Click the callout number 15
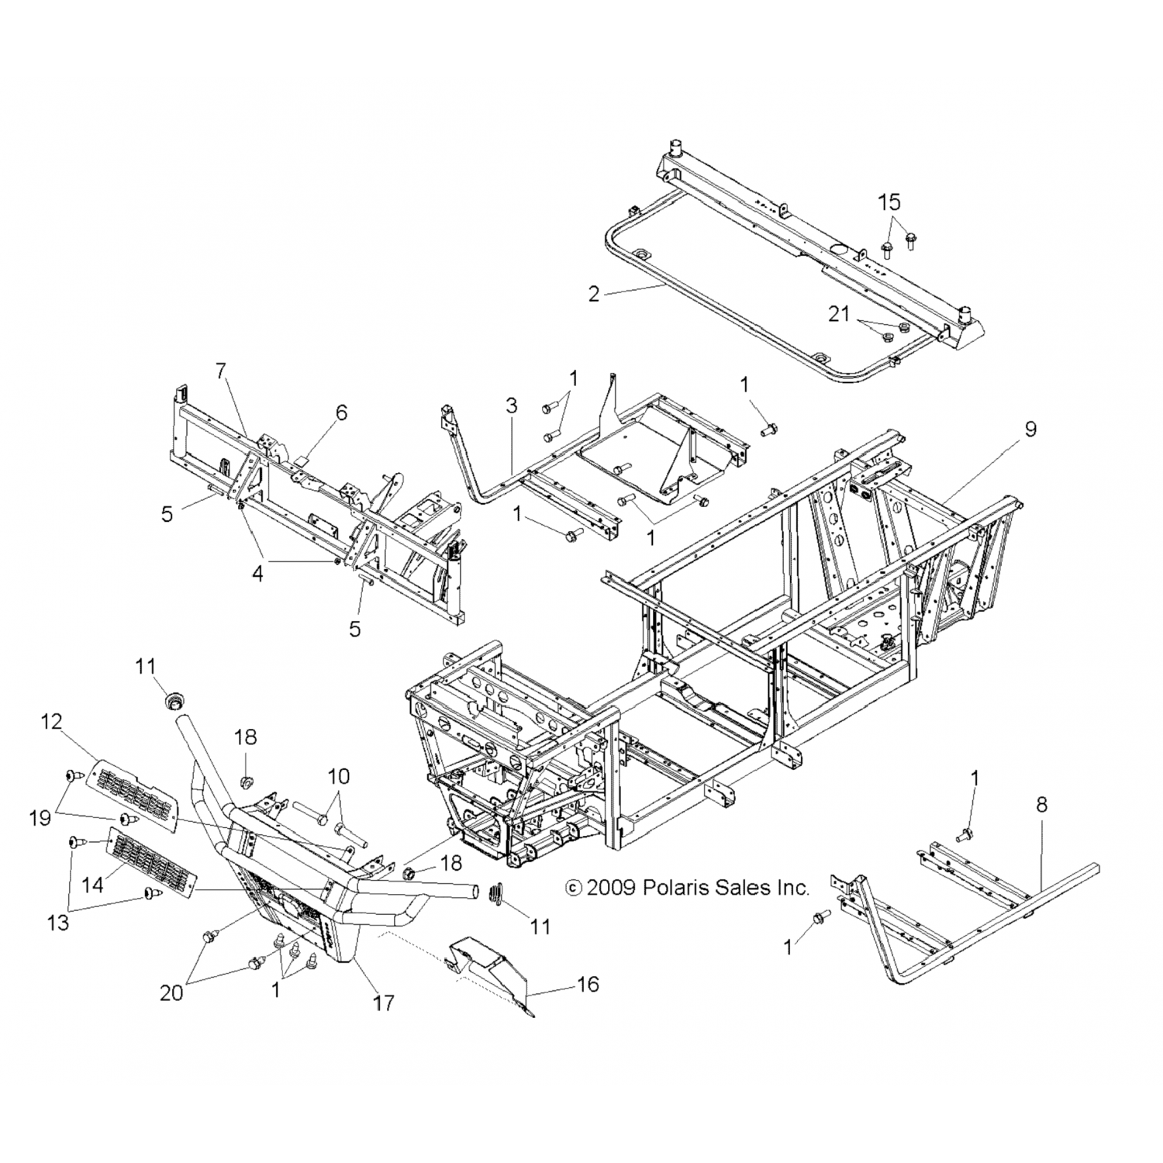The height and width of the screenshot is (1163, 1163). pyautogui.click(x=889, y=202)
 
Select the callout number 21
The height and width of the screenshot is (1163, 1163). pyautogui.click(x=840, y=315)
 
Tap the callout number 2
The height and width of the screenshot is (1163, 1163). pyautogui.click(x=594, y=294)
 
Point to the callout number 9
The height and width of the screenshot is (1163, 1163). pyautogui.click(x=1030, y=429)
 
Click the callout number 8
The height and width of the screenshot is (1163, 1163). pyautogui.click(x=1041, y=805)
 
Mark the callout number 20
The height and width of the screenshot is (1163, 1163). pyautogui.click(x=171, y=992)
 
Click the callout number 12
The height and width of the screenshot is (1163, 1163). pyautogui.click(x=51, y=722)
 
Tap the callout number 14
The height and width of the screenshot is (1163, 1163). pyautogui.click(x=92, y=884)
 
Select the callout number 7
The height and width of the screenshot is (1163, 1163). pyautogui.click(x=221, y=371)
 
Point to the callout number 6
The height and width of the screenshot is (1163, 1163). pyautogui.click(x=342, y=412)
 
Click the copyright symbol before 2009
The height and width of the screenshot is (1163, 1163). pyautogui.click(x=574, y=887)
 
